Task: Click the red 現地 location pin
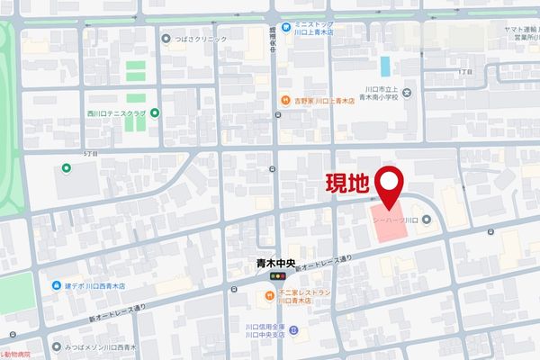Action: click(x=390, y=184)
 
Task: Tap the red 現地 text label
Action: click(x=346, y=185)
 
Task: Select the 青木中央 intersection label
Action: click(x=275, y=265)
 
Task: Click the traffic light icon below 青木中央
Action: click(x=275, y=281)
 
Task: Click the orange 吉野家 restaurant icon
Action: click(x=284, y=100)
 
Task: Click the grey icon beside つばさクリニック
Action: click(x=166, y=38)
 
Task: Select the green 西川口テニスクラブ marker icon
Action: click(x=155, y=113)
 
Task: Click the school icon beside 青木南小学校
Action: click(x=407, y=93)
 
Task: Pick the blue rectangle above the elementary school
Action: click(x=385, y=67)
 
